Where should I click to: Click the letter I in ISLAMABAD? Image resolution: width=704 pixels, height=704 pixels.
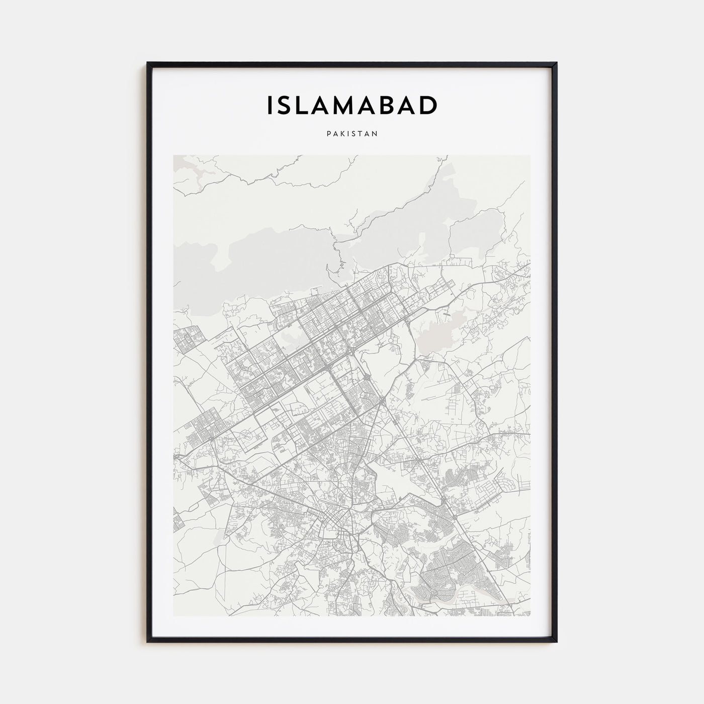click(x=270, y=105)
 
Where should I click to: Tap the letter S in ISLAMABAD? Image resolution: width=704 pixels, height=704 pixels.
click(x=285, y=105)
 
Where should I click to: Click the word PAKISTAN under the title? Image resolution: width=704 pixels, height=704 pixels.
click(x=352, y=134)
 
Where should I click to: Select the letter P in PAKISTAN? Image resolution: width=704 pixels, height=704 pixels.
click(x=328, y=134)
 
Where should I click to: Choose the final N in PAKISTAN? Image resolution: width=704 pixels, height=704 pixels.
click(x=375, y=134)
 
